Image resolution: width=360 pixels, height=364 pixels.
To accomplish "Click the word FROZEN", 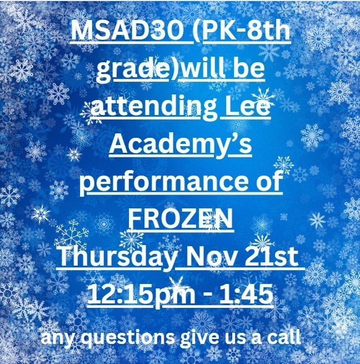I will coord(179,220).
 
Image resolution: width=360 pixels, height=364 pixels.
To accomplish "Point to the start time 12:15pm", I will coord(138,294).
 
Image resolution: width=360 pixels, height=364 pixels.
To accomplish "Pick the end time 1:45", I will coord(249,294).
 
